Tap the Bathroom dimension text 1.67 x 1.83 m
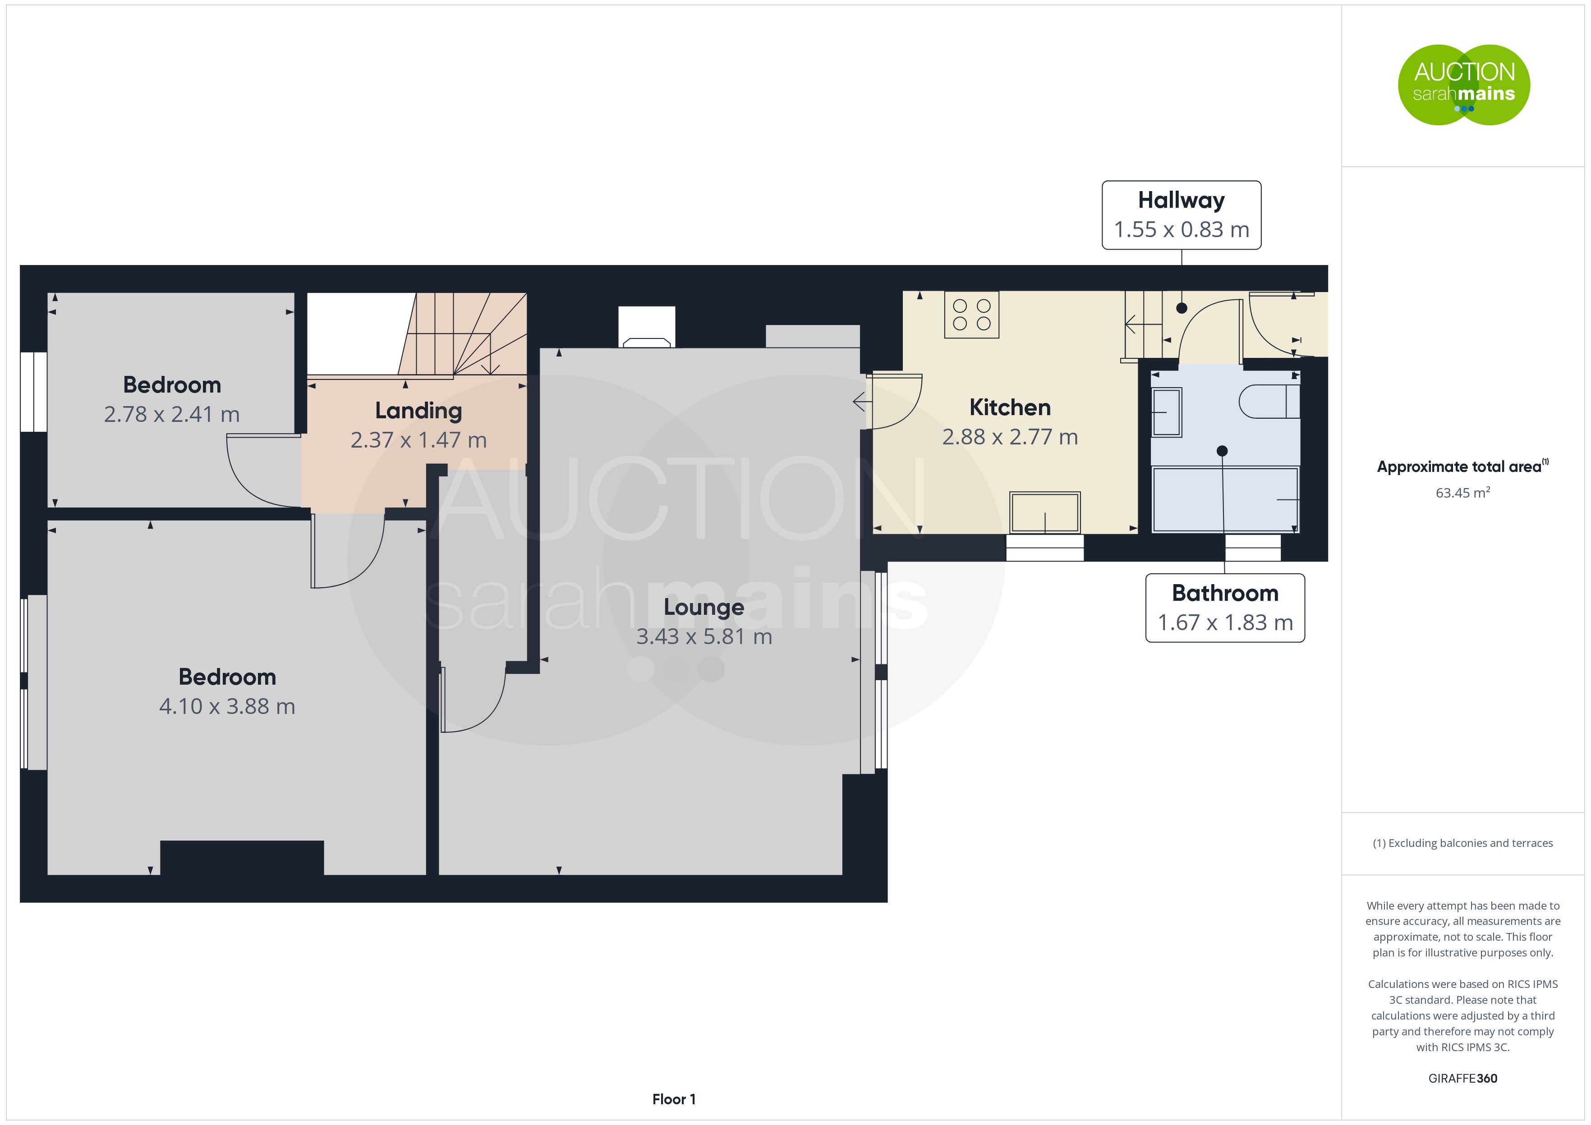pos(1225,623)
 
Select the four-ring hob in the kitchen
pos(971,315)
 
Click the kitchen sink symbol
pos(1044,512)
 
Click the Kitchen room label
pos(1010,407)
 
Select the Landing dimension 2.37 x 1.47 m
pos(418,440)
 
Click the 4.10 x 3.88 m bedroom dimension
pos(227,707)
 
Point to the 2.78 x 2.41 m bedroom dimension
pos(172,414)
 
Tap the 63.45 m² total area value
pos(1463,493)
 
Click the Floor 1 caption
pos(674,1099)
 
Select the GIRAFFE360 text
pos(1463,1079)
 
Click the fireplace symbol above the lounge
pos(647,327)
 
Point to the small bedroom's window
pos(33,392)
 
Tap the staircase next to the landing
pos(462,334)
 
